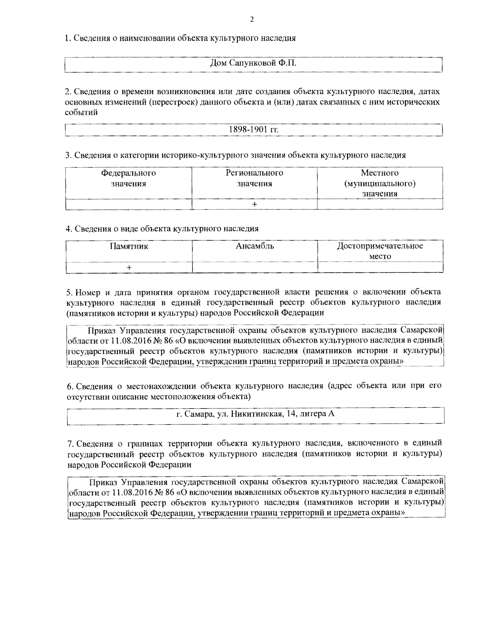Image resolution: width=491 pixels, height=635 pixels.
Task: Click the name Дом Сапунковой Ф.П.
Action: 252,63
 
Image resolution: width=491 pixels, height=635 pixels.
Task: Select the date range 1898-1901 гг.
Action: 253,130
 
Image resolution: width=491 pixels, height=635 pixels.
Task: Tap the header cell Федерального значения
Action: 128,178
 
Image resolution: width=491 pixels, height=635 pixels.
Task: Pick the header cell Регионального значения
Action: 254,178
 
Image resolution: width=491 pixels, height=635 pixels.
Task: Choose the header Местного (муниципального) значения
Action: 380,183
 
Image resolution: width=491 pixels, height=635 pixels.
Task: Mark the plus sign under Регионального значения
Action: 254,204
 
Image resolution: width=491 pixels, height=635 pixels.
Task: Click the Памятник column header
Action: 129,246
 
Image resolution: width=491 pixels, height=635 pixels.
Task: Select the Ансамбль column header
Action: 255,246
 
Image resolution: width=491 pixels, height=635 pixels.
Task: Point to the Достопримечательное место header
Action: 380,251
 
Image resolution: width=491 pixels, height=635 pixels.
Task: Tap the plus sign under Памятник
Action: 129,267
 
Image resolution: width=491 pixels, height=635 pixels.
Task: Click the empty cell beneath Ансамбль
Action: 255,267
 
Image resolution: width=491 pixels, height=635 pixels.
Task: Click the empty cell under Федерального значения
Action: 128,204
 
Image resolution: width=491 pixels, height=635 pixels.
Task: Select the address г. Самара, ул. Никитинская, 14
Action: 255,414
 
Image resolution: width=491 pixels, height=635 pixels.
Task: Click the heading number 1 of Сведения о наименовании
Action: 68,38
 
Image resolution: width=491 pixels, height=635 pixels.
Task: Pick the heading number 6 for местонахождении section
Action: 69,386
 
